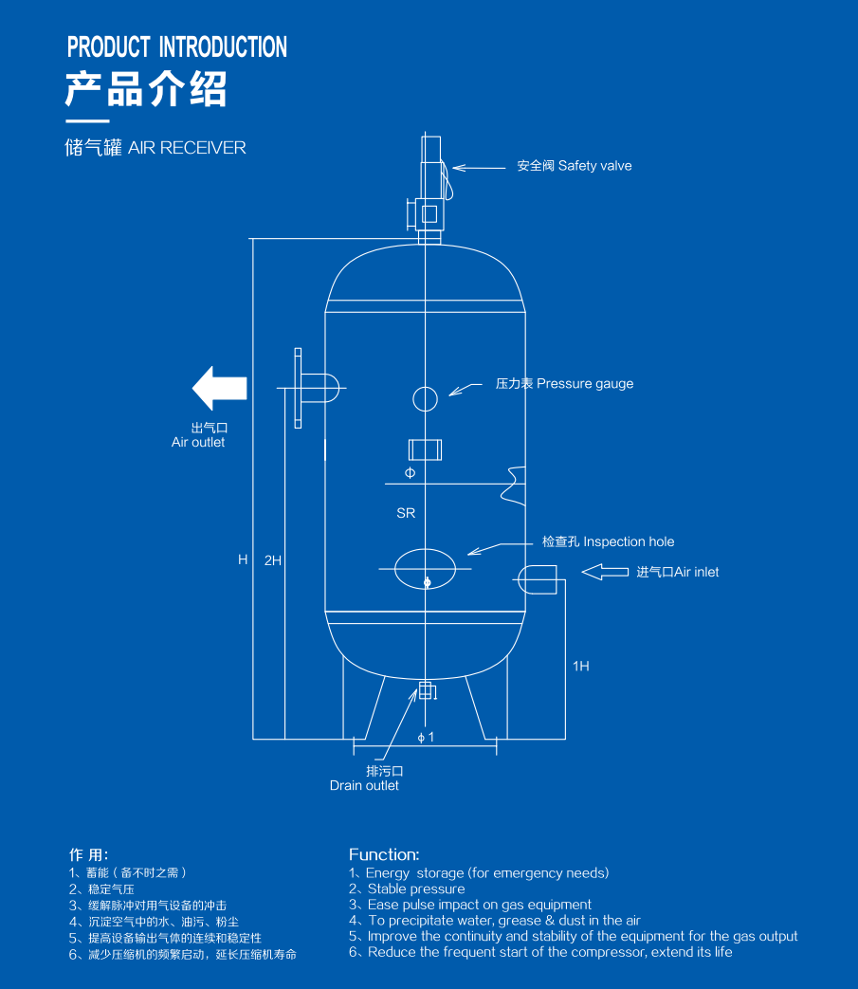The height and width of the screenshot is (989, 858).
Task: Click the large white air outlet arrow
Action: (x=219, y=388)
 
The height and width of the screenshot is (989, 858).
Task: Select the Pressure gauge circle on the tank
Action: (x=425, y=398)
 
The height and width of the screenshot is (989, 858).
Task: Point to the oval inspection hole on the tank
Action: (x=425, y=568)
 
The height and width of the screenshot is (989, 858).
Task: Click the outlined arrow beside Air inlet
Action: (x=605, y=572)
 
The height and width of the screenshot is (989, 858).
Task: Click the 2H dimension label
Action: (x=272, y=560)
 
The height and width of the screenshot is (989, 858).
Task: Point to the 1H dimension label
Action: (x=580, y=666)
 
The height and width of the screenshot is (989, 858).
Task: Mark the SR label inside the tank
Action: (x=406, y=513)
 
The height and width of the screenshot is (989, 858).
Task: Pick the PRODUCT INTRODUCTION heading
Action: (x=177, y=47)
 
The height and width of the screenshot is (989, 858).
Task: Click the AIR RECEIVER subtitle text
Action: (x=187, y=148)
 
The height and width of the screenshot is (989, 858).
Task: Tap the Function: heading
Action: (x=384, y=854)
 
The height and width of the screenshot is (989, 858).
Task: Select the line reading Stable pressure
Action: (x=416, y=888)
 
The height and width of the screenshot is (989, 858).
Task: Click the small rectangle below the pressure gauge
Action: (x=425, y=449)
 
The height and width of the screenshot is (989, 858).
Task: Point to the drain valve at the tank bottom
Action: (x=427, y=690)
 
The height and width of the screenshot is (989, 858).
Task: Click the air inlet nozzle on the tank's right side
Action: (x=538, y=579)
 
